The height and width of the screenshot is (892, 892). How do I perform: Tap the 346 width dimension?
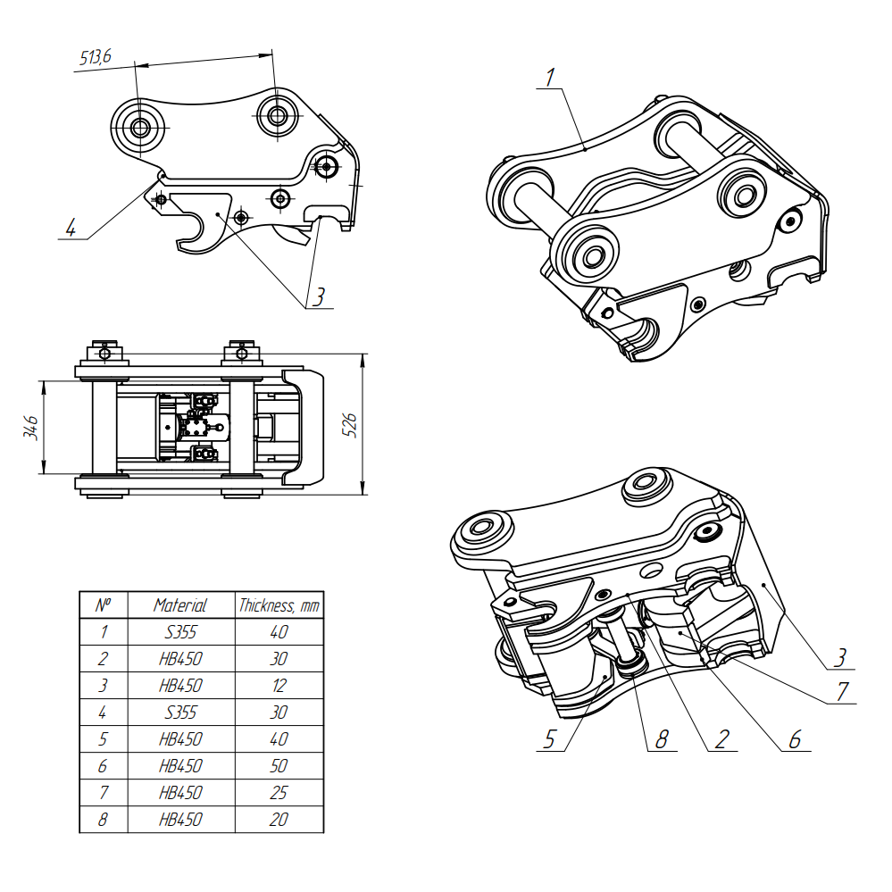point(32,427)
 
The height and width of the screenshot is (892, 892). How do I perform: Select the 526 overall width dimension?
point(351,424)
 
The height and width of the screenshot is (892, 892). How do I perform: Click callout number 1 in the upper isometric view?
point(551,78)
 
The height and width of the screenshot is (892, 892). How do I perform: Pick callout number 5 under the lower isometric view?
point(550,738)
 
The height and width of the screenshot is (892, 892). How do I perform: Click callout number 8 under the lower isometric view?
point(661,738)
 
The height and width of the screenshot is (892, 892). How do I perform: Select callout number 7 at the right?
point(840,692)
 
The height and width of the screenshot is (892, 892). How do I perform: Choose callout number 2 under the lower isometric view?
point(721,738)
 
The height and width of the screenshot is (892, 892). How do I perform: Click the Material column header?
point(180,605)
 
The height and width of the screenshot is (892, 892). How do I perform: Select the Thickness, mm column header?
point(279,605)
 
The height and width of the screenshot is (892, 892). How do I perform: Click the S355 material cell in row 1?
point(180,632)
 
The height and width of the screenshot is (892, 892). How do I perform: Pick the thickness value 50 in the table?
point(279,765)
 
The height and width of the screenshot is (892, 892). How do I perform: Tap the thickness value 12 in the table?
point(279,686)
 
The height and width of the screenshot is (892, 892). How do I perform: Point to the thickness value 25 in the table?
point(279,792)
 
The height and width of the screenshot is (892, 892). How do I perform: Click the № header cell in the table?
point(103,605)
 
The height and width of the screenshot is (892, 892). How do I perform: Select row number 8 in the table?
point(103,819)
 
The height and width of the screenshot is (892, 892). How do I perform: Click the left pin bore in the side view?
point(139,128)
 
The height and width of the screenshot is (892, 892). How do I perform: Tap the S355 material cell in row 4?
point(180,713)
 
